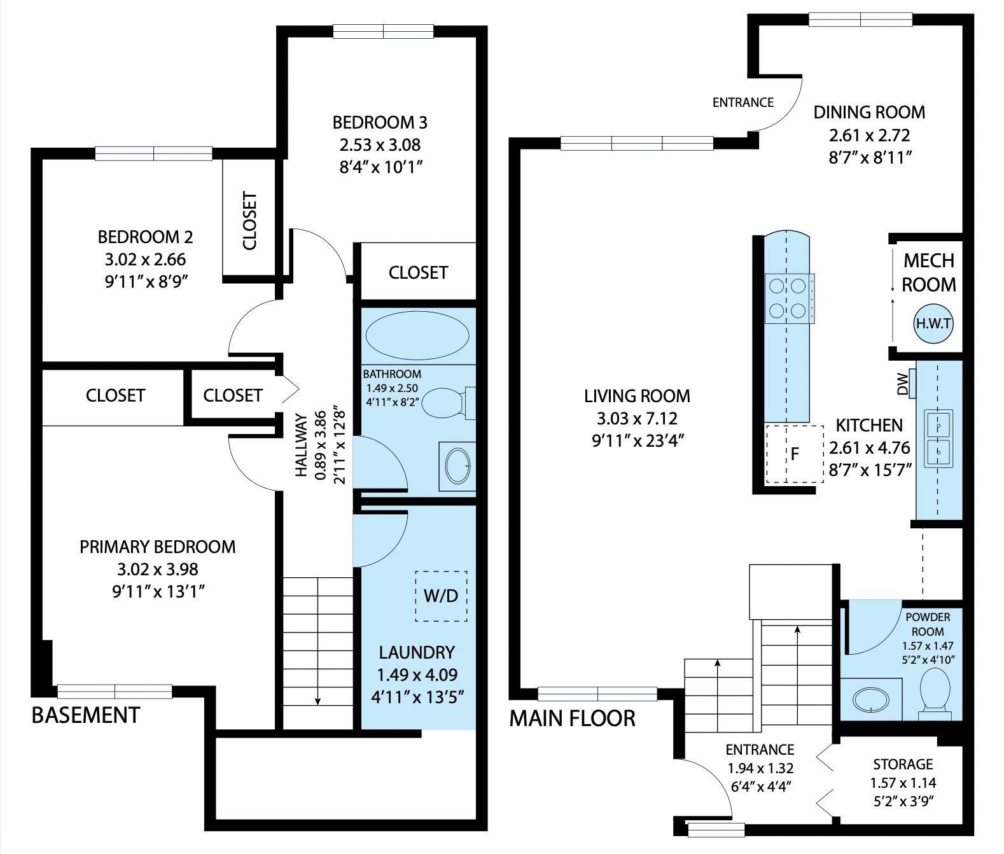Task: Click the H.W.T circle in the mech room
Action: tap(933, 324)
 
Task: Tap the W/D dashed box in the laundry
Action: tap(441, 596)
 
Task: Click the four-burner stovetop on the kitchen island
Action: tap(788, 297)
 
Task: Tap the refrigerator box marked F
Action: tap(794, 454)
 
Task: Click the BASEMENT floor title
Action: tap(85, 715)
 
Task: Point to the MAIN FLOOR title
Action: tap(572, 718)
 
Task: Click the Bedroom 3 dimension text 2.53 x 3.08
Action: tap(380, 144)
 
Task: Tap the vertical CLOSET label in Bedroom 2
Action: tap(250, 221)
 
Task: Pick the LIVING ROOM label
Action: tap(637, 396)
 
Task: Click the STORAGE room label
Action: tap(902, 764)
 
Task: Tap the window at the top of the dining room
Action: tap(860, 20)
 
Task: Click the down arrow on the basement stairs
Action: tap(317, 699)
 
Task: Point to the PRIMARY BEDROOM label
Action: tap(157, 547)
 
